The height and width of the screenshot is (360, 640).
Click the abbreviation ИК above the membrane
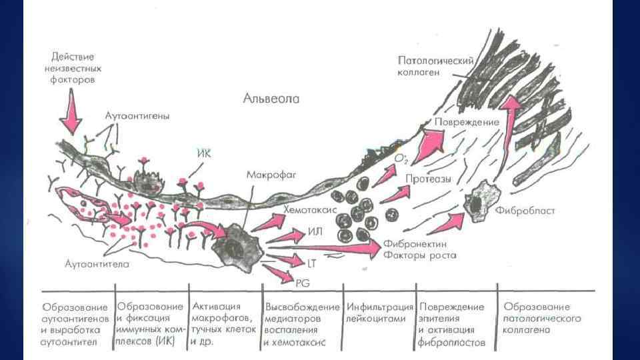(205, 153)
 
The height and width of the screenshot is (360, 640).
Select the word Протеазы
(428, 179)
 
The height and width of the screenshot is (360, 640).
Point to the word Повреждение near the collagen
(467, 123)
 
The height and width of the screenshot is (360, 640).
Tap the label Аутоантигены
(137, 115)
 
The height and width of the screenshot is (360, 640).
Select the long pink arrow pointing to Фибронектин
(320, 247)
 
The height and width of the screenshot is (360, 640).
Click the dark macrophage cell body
(231, 245)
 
